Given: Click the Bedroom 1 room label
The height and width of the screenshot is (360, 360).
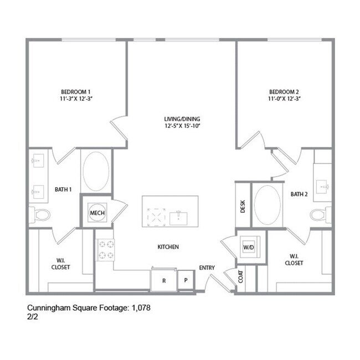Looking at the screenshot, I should (76, 91).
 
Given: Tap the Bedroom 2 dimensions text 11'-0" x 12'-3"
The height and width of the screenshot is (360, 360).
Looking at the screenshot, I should (285, 99).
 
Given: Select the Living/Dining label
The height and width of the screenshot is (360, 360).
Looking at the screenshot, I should (182, 119).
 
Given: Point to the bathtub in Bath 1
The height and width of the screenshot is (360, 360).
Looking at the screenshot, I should (96, 171).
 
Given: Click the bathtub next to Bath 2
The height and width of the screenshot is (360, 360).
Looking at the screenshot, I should (269, 205).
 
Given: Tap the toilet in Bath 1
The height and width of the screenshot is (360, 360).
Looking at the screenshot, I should (41, 214).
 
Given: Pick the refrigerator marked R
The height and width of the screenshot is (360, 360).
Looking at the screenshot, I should (164, 280).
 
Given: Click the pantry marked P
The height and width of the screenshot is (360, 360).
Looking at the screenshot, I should (186, 280).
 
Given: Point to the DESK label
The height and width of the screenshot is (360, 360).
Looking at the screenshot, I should (243, 206).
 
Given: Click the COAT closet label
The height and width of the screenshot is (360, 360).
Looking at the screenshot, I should (241, 277).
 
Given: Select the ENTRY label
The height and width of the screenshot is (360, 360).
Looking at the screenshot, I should (207, 268).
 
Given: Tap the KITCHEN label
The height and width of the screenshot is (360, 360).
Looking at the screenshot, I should (168, 247).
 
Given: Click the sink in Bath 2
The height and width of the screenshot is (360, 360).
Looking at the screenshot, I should (323, 184).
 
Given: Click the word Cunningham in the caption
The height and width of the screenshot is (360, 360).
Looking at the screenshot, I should (50, 307).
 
